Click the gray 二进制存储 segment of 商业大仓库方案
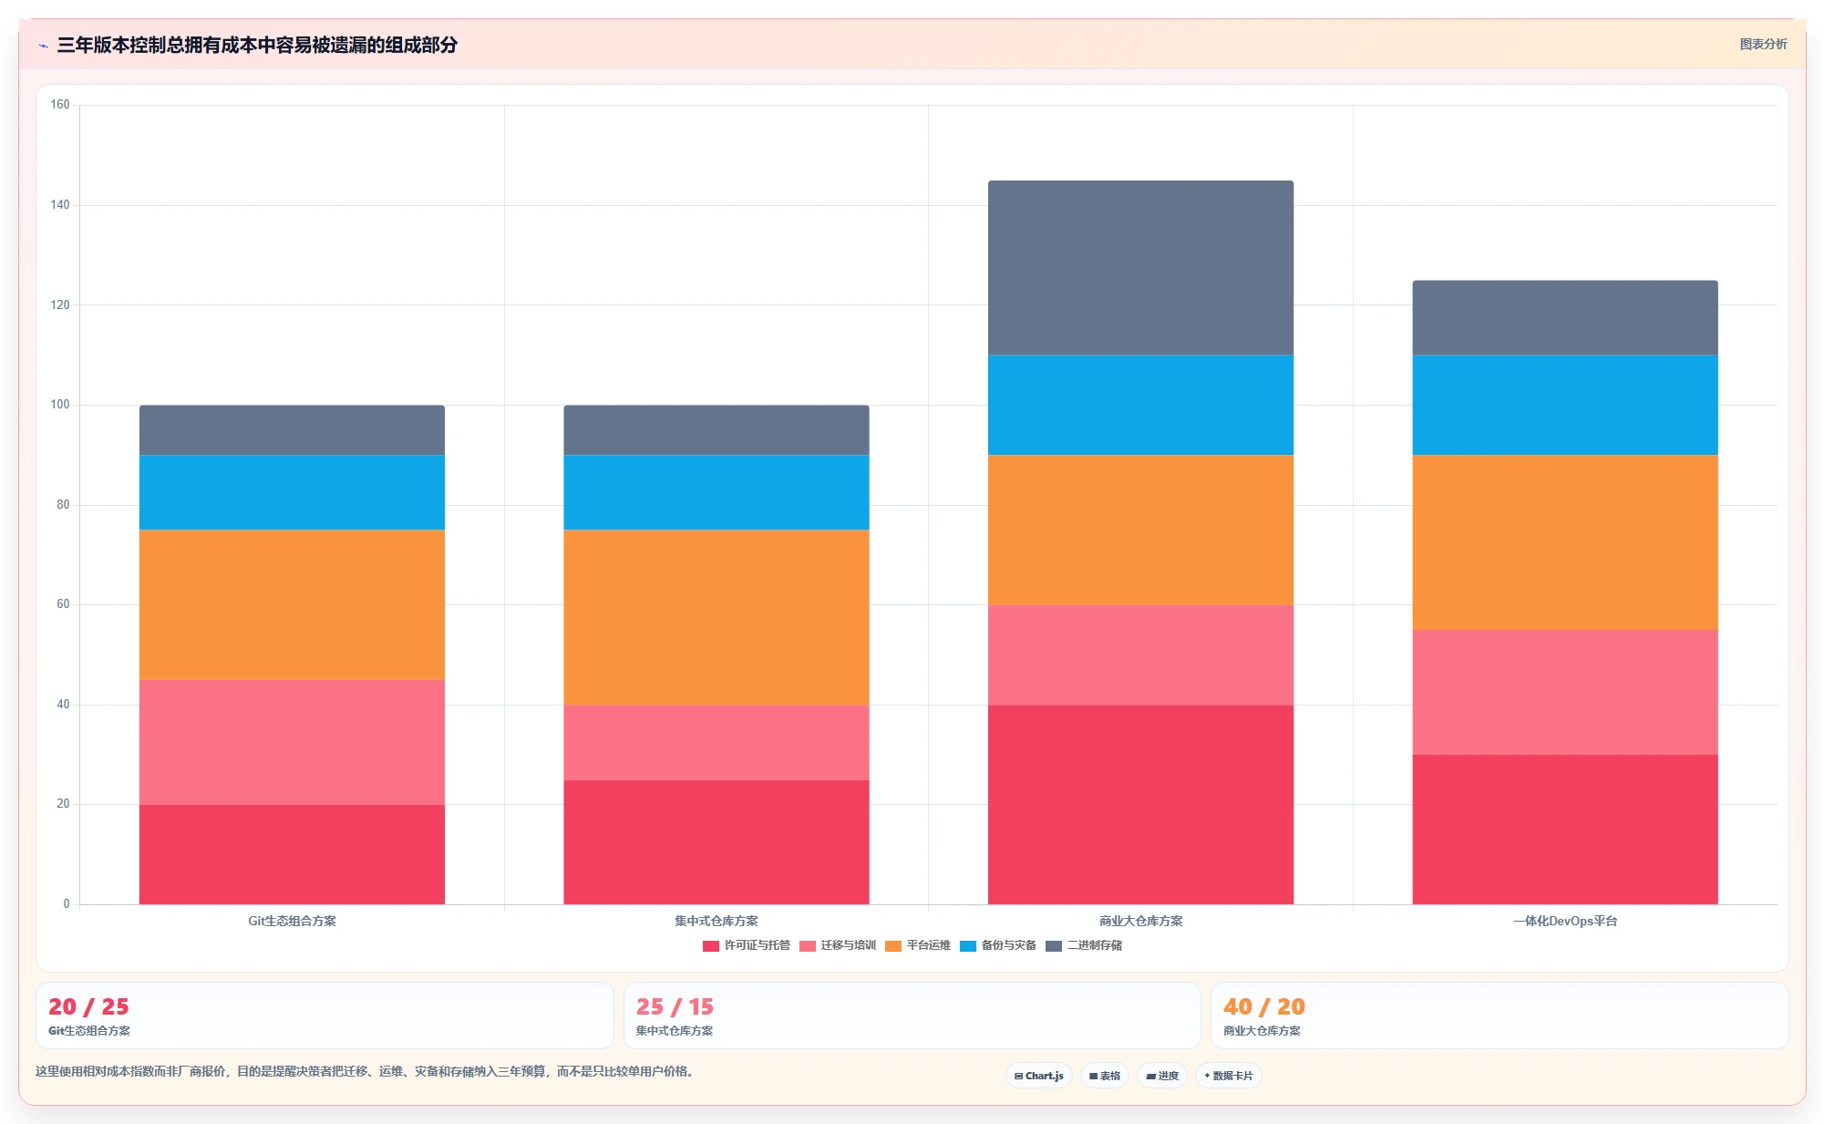(x=1140, y=268)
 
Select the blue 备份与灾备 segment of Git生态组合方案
(x=292, y=492)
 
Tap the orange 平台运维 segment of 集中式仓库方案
(x=716, y=617)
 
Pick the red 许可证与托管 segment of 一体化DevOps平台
(x=1565, y=830)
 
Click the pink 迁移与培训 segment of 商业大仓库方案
(x=1140, y=655)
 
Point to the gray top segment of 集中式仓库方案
(x=716, y=430)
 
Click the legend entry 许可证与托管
(x=747, y=945)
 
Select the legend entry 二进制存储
(x=1084, y=945)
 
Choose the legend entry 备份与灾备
(x=998, y=945)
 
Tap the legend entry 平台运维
(x=918, y=945)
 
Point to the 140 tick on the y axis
(x=60, y=205)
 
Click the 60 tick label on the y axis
(x=63, y=604)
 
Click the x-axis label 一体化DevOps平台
(x=1565, y=921)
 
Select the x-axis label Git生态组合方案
(x=292, y=921)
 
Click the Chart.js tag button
(x=1039, y=1076)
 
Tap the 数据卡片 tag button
(x=1229, y=1076)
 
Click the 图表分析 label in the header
(x=1763, y=44)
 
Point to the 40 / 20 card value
(x=1264, y=1006)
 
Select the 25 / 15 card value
(x=675, y=1006)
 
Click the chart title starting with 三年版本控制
(x=257, y=45)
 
